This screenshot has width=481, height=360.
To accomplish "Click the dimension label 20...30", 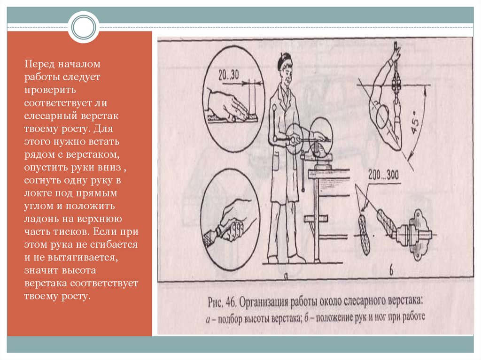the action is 228,75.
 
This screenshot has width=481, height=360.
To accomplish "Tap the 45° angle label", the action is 415,123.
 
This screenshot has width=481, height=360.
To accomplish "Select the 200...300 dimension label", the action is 383,175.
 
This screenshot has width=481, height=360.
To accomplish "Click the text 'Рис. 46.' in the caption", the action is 221,302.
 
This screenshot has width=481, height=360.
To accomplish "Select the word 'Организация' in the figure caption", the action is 264,303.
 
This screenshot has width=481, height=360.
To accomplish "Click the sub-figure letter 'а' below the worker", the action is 286,276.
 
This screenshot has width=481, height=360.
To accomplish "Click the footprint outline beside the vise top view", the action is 364,234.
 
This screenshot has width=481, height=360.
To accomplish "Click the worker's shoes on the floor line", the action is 287,260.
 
